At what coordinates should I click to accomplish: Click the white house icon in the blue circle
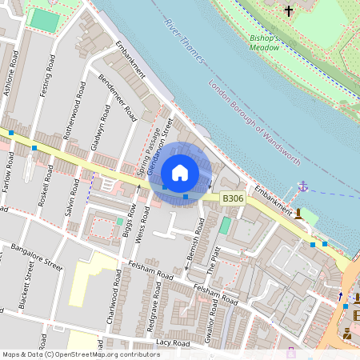180,173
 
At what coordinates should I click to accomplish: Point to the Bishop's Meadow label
265,42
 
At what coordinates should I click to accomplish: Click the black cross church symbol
289,11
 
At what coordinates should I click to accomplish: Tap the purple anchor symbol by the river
303,186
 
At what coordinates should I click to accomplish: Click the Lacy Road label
174,342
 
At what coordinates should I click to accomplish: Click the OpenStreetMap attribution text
81,354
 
